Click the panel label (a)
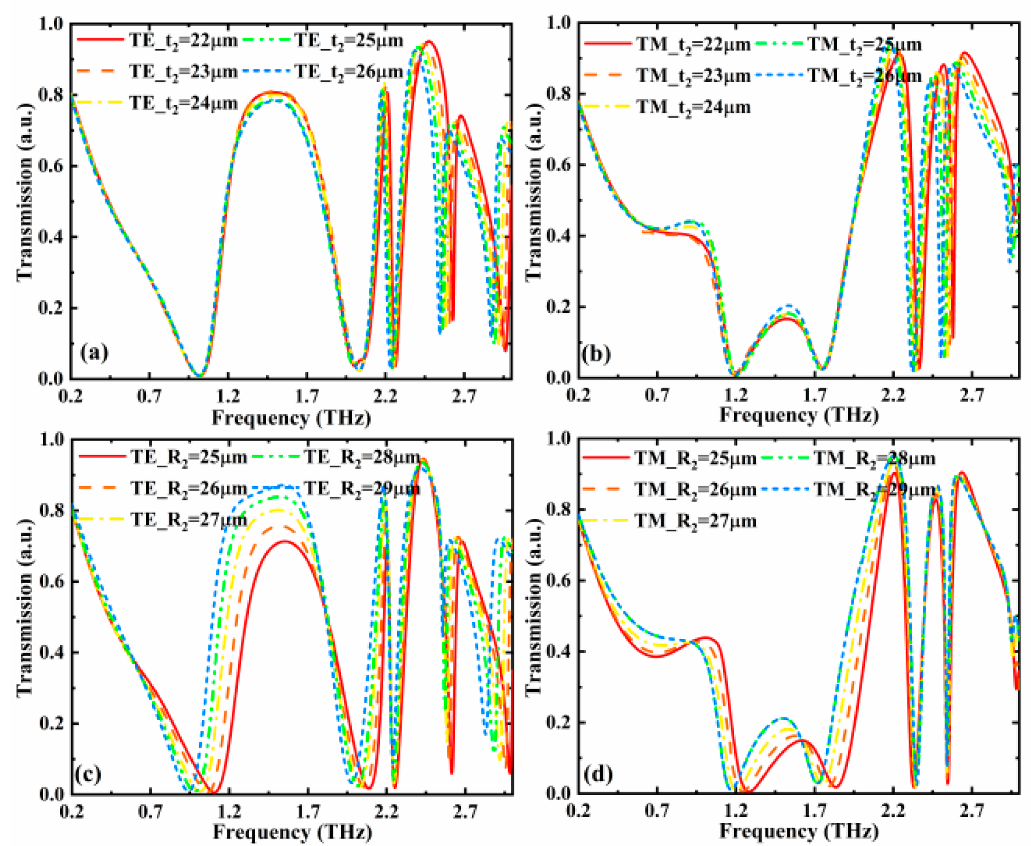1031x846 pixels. (94, 352)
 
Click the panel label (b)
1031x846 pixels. (596, 354)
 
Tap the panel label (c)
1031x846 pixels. (88, 773)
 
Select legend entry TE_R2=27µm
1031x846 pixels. (189, 519)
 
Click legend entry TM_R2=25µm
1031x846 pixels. (696, 458)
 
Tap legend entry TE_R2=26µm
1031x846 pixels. (189, 488)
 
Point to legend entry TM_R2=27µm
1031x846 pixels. (696, 521)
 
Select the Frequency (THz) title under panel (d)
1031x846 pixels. (799, 830)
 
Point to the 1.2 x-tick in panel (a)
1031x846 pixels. (228, 395)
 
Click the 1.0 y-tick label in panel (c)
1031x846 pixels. (51, 439)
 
